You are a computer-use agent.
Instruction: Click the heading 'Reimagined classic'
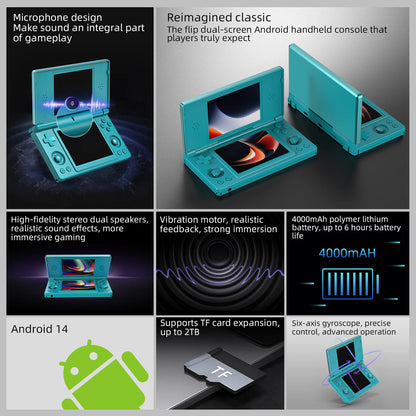pos(218,18)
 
